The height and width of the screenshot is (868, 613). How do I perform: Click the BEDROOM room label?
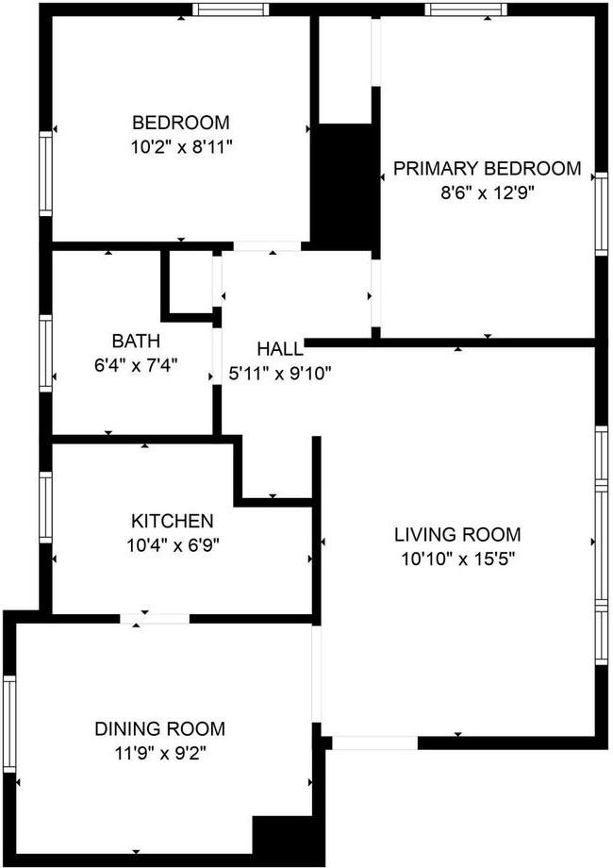tap(181, 123)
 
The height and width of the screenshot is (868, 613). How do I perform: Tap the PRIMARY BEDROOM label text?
tap(487, 169)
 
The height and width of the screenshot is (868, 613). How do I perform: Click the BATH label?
tap(136, 341)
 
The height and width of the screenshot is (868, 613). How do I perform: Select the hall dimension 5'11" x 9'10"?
tap(280, 373)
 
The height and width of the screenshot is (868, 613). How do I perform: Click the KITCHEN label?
tap(172, 521)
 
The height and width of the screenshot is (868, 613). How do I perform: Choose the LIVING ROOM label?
tap(457, 535)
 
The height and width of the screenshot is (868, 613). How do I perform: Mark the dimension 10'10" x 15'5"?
tap(457, 558)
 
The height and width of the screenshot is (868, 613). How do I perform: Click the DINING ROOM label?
tap(159, 728)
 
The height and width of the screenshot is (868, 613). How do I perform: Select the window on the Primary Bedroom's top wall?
tap(465, 10)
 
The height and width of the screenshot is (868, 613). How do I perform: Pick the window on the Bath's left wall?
tap(44, 353)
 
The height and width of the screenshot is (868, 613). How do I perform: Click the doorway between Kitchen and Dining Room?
tap(155, 619)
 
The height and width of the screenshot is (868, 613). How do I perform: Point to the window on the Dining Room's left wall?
tap(9, 724)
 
